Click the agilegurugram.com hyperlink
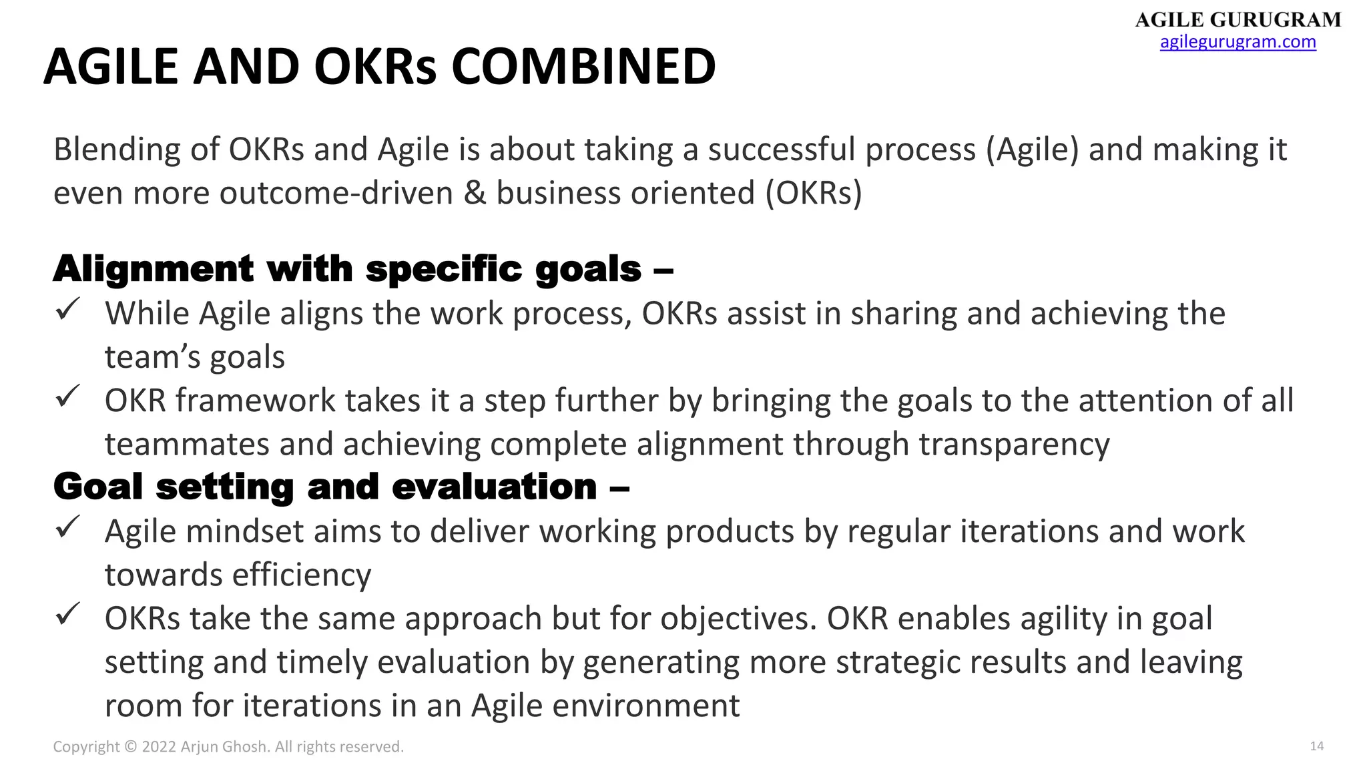(x=1238, y=42)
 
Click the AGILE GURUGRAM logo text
(x=1238, y=20)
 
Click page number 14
(x=1316, y=746)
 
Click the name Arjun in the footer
(x=198, y=747)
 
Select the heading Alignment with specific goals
(x=362, y=270)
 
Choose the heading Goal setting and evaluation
(x=340, y=487)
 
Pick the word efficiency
(x=301, y=575)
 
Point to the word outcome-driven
(x=336, y=194)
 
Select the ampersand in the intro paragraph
(x=475, y=194)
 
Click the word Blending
(x=117, y=150)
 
